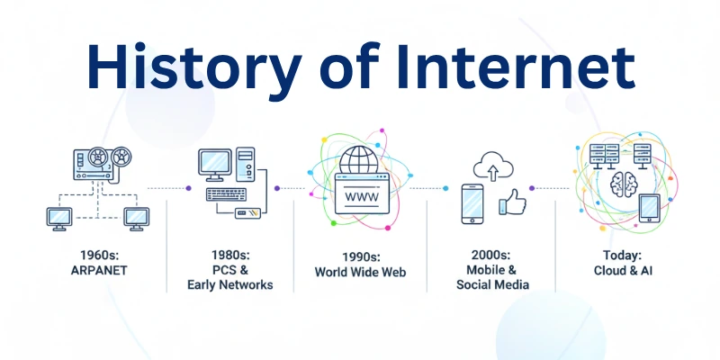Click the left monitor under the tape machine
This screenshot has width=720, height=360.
tap(59, 217)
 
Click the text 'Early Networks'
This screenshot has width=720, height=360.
tap(229, 284)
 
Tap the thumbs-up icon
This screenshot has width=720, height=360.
tap(513, 202)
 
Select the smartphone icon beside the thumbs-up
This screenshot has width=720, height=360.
tap(476, 203)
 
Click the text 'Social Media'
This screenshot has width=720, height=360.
tap(493, 284)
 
